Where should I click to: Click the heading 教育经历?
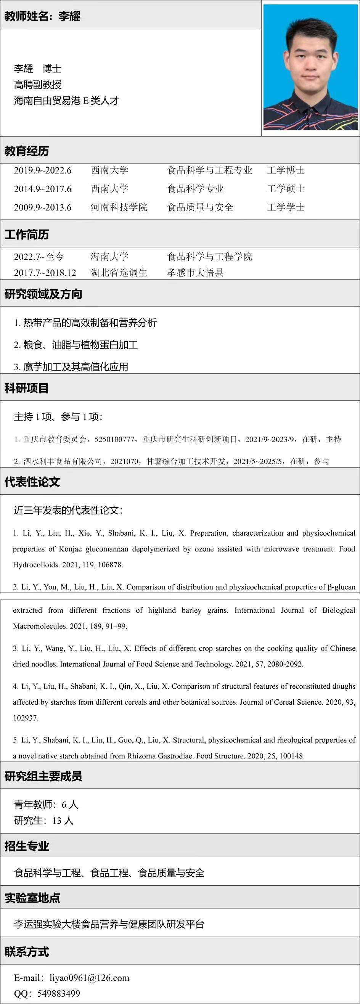click(26, 151)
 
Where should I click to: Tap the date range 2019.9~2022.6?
click(43, 170)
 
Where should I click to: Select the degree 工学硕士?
click(286, 189)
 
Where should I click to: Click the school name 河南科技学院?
click(119, 207)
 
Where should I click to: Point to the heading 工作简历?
click(26, 234)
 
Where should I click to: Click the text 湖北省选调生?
click(119, 273)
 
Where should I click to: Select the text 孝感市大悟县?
click(195, 273)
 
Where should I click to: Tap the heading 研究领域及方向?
click(43, 294)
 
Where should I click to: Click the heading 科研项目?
click(26, 388)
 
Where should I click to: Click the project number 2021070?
click(124, 461)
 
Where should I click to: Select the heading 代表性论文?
click(32, 482)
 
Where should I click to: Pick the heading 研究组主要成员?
click(43, 776)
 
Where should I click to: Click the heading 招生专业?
click(26, 846)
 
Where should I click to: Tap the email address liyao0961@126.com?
click(89, 977)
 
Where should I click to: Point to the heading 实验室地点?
click(32, 898)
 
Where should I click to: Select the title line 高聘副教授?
click(38, 85)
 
